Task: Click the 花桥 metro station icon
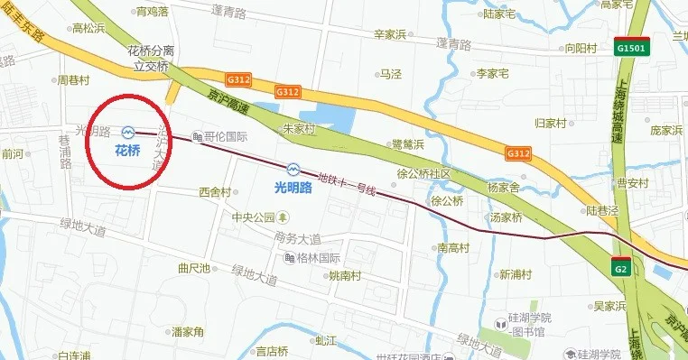(128, 133)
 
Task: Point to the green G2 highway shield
(620, 268)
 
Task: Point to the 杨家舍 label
(504, 187)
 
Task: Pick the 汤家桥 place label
(507, 217)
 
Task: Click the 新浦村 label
(517, 274)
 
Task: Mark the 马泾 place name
(390, 74)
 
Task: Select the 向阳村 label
(582, 50)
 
